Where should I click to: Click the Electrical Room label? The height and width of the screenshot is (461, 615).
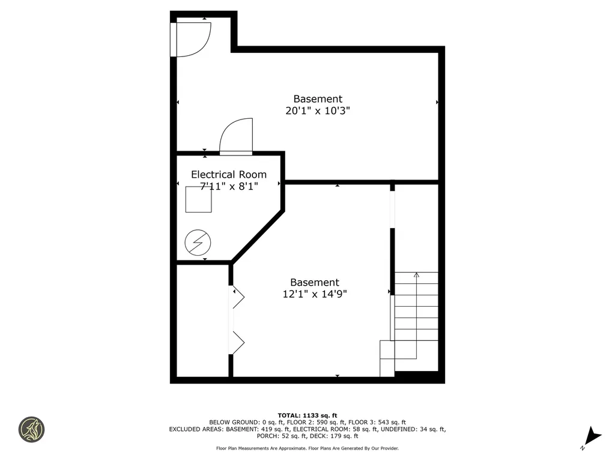click(x=228, y=175)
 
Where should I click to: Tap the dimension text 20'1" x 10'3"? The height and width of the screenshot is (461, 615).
click(x=317, y=110)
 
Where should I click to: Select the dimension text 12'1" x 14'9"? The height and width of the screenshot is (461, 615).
click(x=315, y=294)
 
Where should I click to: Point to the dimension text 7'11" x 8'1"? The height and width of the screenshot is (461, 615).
click(x=228, y=186)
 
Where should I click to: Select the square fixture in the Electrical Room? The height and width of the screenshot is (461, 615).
click(x=198, y=199)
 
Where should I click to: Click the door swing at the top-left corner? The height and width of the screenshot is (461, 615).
click(x=191, y=39)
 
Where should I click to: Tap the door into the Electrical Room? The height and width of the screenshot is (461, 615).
click(x=237, y=137)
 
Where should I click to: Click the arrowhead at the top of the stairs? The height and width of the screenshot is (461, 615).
click(x=416, y=275)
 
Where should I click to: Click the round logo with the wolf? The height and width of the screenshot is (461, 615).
click(x=31, y=430)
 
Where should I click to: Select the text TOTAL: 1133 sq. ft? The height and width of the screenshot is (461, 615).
click(x=307, y=415)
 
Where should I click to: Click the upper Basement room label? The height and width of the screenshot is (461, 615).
click(x=318, y=98)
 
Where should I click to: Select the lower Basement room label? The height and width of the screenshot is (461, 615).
click(x=315, y=282)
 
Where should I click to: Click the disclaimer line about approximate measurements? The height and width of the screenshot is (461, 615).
click(x=307, y=448)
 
